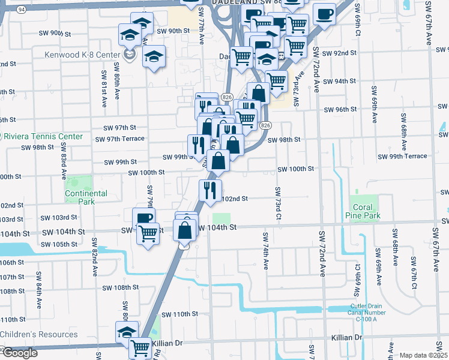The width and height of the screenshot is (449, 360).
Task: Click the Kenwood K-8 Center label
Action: [x=82, y=55]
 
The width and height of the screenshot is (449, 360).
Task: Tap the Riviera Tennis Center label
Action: [x=43, y=136]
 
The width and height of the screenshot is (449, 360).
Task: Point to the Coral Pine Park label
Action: [x=363, y=211]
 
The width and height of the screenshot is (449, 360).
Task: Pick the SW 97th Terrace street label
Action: [x=124, y=139]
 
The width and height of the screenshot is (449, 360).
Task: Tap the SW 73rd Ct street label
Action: [x=278, y=203]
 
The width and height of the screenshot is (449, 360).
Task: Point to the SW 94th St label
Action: [x=339, y=81]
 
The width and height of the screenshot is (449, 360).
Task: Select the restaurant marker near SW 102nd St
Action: [x=210, y=190]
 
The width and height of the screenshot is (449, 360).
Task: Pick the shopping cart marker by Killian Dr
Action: [x=141, y=346]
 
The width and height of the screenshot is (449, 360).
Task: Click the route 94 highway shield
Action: [x=22, y=10]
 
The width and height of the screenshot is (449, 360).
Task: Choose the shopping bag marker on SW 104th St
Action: [x=184, y=230]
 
